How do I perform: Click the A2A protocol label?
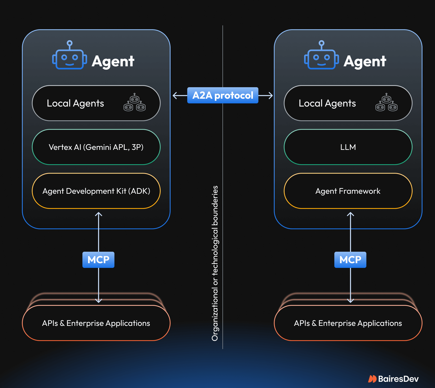click(223, 95)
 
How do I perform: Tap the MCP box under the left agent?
click(98, 260)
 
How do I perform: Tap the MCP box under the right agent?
click(350, 260)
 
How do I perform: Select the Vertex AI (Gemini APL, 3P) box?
click(96, 147)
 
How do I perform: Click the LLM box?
click(348, 147)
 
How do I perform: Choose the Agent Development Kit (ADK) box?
click(96, 191)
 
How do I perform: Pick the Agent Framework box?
click(348, 191)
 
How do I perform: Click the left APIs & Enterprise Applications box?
click(96, 323)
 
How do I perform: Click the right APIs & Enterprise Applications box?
click(348, 323)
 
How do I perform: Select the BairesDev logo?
click(393, 379)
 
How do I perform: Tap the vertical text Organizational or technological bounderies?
click(215, 263)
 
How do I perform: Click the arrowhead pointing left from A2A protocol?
click(174, 96)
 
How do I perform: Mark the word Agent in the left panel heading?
click(113, 62)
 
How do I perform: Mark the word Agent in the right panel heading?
click(365, 62)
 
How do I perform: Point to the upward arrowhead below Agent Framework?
click(350, 214)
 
